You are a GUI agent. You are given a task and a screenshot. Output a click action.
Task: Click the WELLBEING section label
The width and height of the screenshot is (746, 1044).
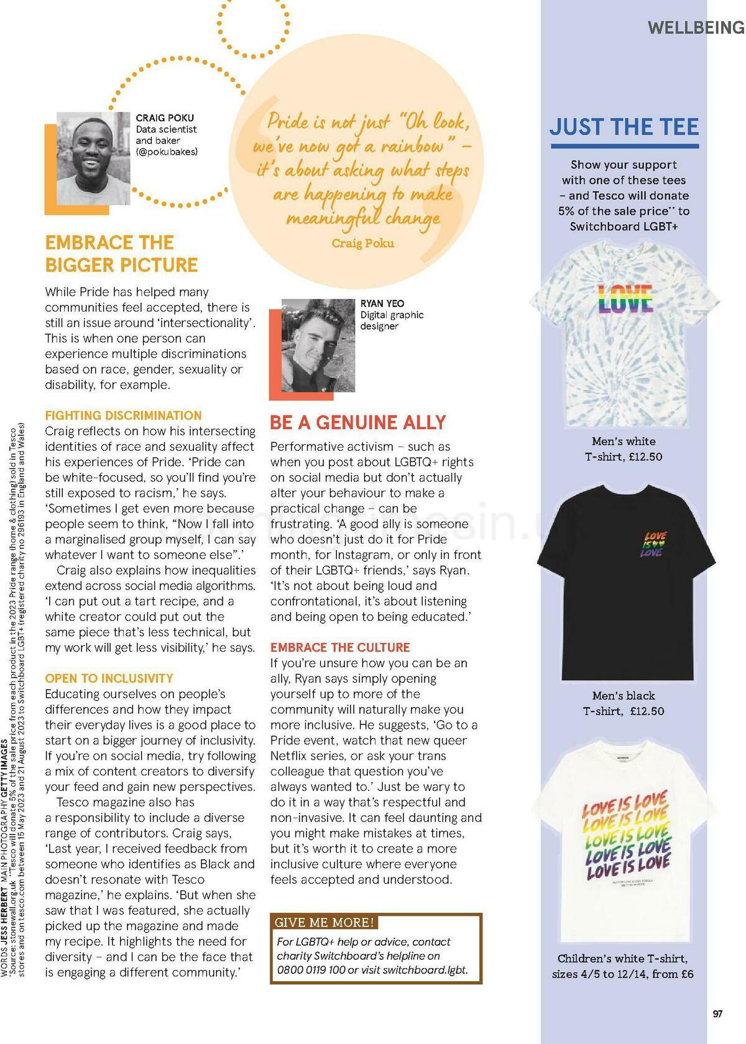[x=696, y=28]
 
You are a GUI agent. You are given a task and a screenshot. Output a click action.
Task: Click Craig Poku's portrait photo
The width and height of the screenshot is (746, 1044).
[x=94, y=159]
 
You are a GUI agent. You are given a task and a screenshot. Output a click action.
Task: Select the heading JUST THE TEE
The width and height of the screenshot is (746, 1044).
[x=624, y=127]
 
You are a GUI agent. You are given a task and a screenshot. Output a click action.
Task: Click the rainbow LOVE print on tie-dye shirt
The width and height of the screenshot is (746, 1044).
[x=624, y=300]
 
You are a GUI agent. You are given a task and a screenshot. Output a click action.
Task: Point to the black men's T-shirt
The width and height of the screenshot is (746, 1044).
[x=623, y=581]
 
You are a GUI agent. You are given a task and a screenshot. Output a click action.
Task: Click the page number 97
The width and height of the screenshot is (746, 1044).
[x=717, y=1014]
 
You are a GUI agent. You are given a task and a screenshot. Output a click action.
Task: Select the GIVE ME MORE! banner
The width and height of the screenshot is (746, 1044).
[x=325, y=922]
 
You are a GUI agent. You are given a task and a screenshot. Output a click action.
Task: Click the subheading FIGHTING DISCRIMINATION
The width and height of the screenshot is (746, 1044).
[x=123, y=415]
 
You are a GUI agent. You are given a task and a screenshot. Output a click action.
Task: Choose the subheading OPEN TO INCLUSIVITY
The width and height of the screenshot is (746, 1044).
[x=109, y=678]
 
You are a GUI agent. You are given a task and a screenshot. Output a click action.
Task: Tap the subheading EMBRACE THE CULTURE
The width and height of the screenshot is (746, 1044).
[x=340, y=647]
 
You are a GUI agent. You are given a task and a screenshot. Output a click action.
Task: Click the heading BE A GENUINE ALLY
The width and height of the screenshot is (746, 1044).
[x=357, y=423]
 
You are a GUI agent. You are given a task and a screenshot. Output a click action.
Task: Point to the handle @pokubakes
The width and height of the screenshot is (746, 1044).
[x=167, y=152]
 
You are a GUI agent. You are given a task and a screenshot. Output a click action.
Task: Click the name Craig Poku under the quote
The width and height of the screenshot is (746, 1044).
[x=362, y=243]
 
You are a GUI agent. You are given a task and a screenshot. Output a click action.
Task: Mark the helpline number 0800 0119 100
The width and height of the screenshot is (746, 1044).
[x=311, y=970]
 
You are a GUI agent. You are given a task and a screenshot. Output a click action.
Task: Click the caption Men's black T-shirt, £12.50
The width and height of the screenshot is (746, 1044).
[x=624, y=703]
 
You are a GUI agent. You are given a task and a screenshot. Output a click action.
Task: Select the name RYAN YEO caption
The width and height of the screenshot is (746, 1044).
[x=382, y=303]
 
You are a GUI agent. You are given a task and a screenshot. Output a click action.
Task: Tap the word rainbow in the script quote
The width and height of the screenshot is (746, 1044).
[x=412, y=147]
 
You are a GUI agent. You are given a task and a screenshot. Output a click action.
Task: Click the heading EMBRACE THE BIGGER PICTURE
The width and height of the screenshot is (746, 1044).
[x=121, y=254]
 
